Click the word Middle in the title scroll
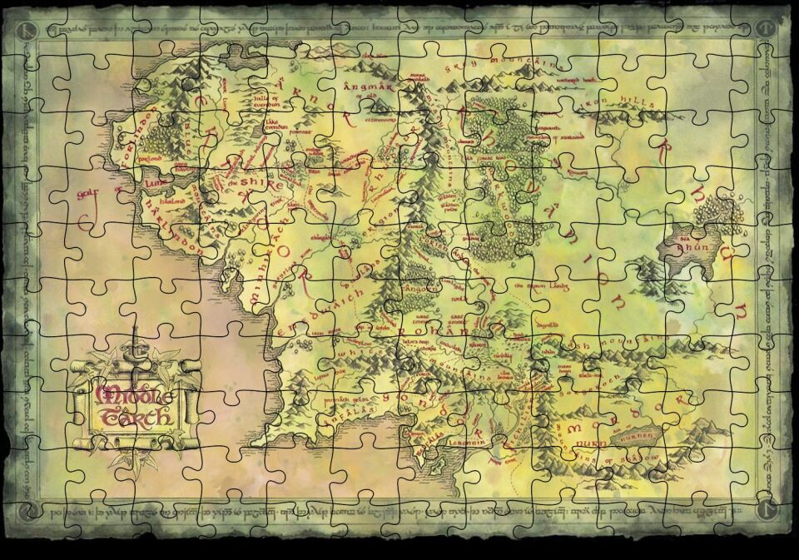(133, 394)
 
